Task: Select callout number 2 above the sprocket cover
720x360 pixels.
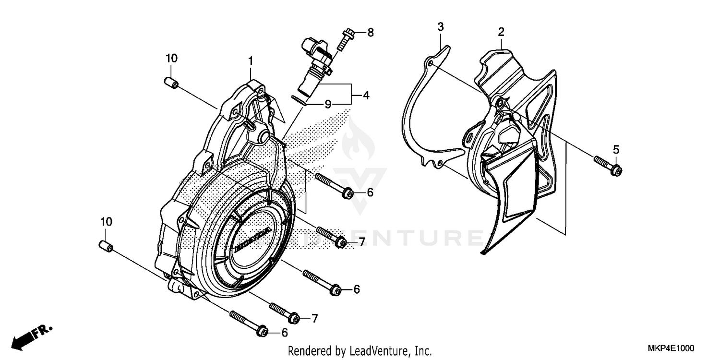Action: point(501,32)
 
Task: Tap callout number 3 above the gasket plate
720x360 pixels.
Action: point(440,27)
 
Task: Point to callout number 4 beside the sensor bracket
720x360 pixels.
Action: point(366,95)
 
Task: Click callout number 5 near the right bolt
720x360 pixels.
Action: point(616,149)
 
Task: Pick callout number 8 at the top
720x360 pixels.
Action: point(370,33)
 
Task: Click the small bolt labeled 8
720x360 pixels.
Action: point(343,39)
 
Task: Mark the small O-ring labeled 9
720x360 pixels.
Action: point(300,99)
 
